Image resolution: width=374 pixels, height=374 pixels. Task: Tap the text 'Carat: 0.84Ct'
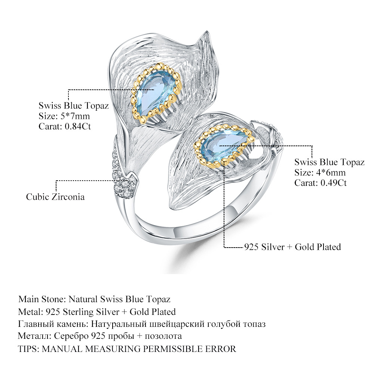coord(65,126)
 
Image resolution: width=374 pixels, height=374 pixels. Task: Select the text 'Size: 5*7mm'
coord(64,116)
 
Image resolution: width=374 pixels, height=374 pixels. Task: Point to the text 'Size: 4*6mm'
coord(320,172)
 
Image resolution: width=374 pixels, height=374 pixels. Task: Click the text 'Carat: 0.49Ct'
coord(321,183)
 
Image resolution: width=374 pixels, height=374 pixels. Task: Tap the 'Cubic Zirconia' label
coord(55,197)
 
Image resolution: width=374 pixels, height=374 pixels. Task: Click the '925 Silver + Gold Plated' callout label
coord(292,247)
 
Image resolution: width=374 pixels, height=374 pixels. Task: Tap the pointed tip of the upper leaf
coord(205,33)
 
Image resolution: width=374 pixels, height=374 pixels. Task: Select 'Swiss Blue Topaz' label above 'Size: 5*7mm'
coord(74,106)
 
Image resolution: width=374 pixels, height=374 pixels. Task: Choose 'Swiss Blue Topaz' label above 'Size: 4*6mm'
coord(329,162)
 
